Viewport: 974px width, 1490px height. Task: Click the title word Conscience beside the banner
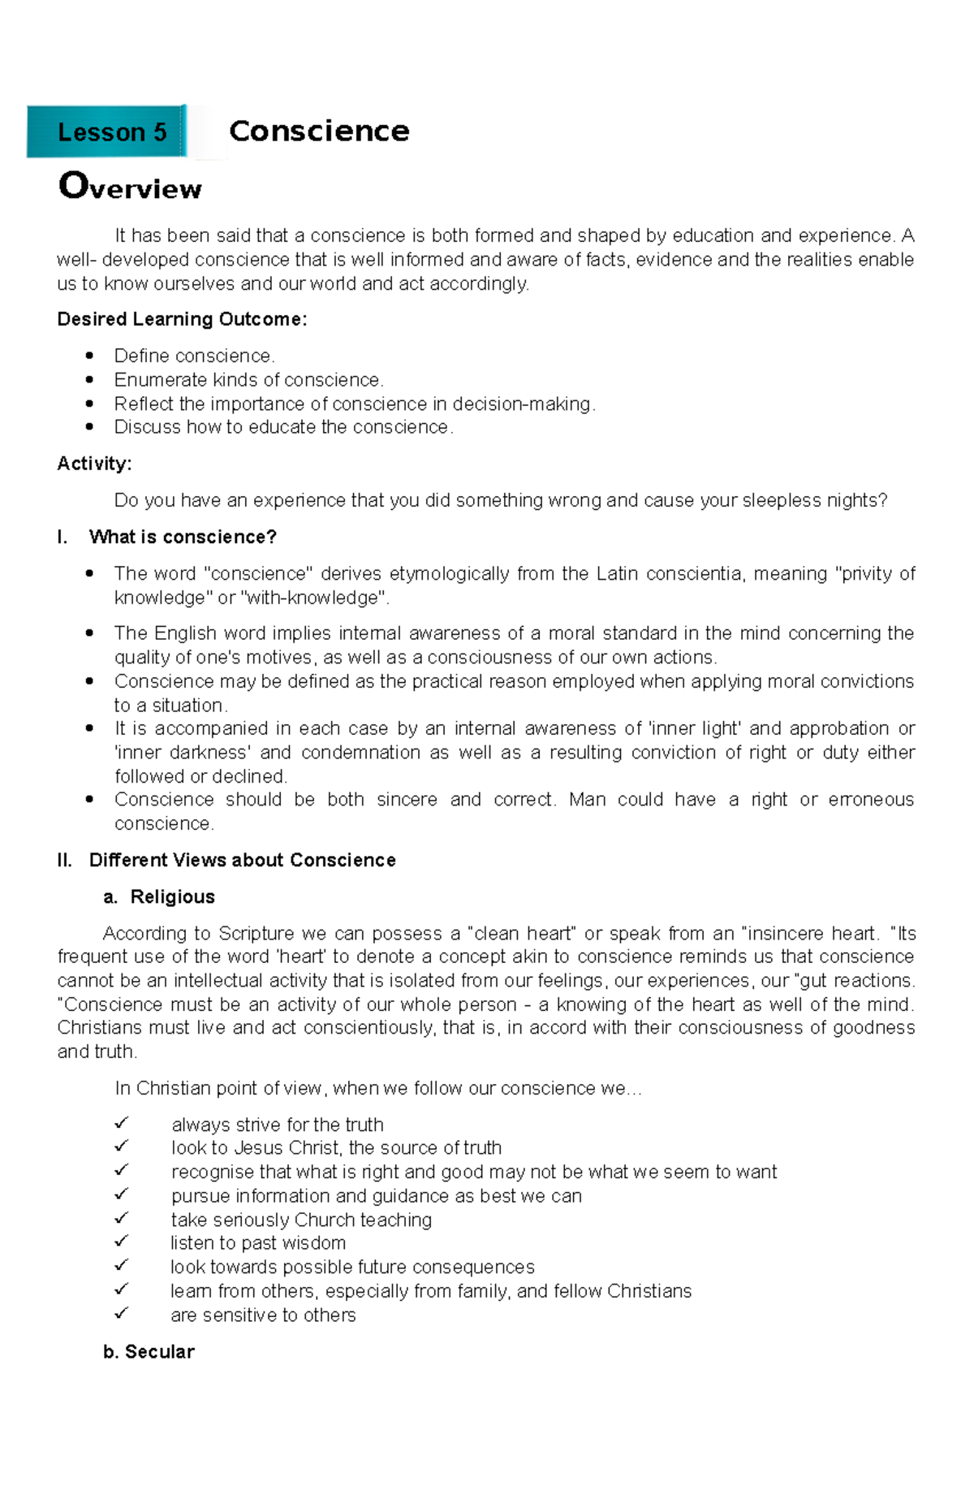pyautogui.click(x=319, y=132)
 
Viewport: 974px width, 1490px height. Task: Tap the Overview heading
pyautogui.click(x=130, y=187)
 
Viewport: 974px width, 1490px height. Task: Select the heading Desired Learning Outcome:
pyautogui.click(x=182, y=319)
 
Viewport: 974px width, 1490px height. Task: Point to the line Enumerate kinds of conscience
pyautogui.click(x=248, y=380)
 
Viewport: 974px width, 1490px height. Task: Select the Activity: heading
pyautogui.click(x=94, y=464)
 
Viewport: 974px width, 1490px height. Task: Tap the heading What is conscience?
pyautogui.click(x=183, y=537)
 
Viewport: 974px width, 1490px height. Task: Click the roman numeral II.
pyautogui.click(x=65, y=860)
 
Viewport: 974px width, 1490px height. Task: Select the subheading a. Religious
pyautogui.click(x=159, y=896)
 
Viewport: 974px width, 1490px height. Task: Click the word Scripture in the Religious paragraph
pyautogui.click(x=256, y=933)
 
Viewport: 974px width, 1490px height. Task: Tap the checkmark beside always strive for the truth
pyautogui.click(x=122, y=1123)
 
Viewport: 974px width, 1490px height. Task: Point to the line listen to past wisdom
pyautogui.click(x=258, y=1243)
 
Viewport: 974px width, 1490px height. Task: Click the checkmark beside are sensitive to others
pyautogui.click(x=122, y=1313)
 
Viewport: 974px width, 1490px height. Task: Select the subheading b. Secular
pyautogui.click(x=149, y=1351)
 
